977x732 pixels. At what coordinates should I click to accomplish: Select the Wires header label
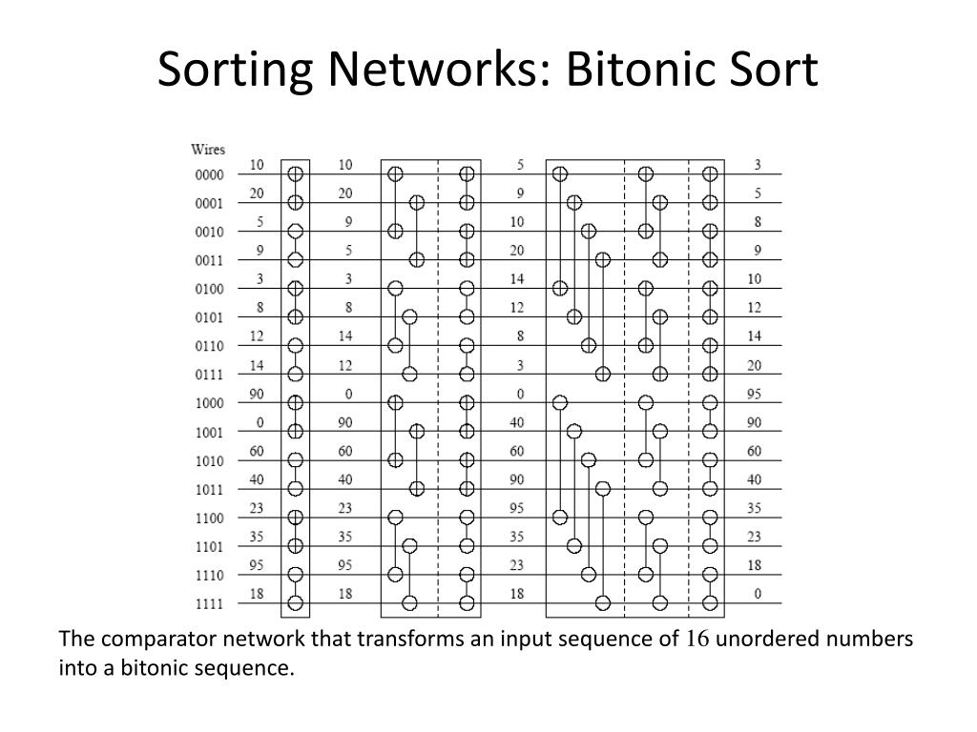tap(208, 150)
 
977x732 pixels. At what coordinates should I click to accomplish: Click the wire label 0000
tap(209, 175)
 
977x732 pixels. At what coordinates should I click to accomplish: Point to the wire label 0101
tap(209, 318)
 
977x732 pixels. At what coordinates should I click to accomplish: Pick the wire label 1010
tap(209, 461)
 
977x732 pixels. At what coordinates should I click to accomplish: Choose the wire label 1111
tap(209, 604)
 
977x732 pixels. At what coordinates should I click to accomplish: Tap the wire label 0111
tap(209, 376)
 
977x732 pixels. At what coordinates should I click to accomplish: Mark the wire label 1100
tap(209, 518)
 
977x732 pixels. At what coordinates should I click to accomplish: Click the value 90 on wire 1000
tap(258, 394)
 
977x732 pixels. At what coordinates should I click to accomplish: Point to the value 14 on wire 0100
tap(517, 279)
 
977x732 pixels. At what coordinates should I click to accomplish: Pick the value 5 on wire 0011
tap(345, 251)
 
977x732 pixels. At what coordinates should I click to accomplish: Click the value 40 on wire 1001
tap(517, 422)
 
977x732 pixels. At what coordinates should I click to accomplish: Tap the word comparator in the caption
tap(152, 639)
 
